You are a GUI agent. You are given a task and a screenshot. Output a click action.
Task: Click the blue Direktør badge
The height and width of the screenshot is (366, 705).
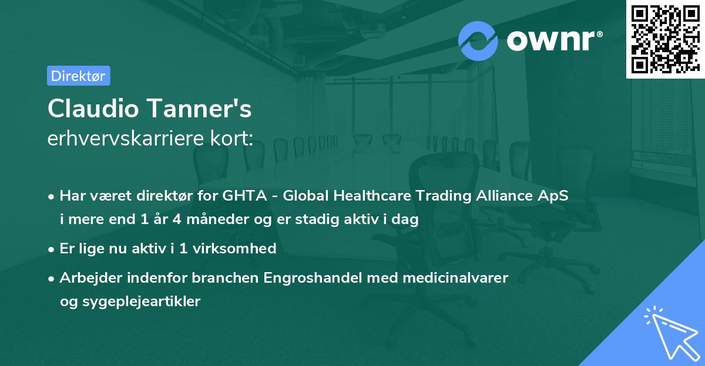point(79,76)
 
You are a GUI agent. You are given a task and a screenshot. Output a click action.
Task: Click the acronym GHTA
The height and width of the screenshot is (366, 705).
point(240,196)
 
